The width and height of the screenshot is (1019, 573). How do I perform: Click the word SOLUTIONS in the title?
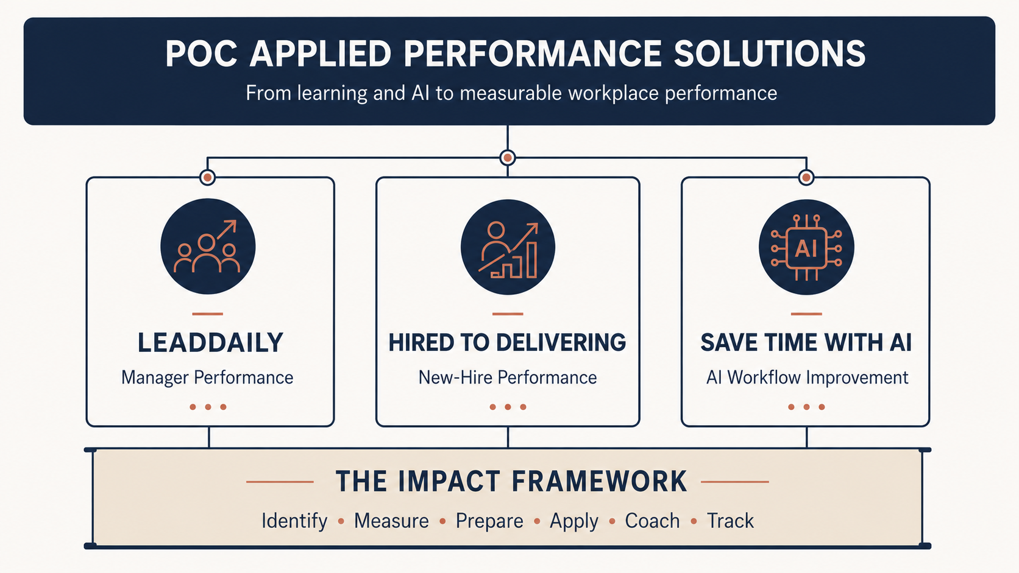[x=769, y=54]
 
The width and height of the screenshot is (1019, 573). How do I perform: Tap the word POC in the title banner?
[x=201, y=54]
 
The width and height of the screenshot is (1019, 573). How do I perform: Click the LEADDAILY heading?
[x=210, y=343]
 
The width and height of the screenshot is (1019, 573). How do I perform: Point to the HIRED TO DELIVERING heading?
[x=507, y=343]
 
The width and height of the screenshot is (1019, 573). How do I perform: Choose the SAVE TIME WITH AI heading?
[x=806, y=343]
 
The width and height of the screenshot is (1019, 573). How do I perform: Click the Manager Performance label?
[x=207, y=378]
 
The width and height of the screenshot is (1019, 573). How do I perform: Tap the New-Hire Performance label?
[x=508, y=378]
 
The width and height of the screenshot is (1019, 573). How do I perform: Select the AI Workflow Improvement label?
[x=807, y=378]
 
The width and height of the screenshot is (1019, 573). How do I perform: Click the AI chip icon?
[x=806, y=248]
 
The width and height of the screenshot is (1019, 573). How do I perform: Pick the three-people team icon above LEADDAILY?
[x=207, y=247]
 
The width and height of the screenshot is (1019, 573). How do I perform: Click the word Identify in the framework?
[x=294, y=521]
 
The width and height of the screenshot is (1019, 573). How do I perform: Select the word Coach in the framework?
[x=652, y=521]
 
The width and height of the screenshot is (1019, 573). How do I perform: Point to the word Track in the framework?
[x=730, y=521]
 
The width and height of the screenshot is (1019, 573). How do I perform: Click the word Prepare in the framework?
[x=489, y=521]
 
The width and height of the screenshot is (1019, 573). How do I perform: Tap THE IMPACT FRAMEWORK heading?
[x=511, y=481]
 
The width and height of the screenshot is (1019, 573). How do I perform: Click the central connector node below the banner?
[x=508, y=158]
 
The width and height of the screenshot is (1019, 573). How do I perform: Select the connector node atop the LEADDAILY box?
[x=207, y=177]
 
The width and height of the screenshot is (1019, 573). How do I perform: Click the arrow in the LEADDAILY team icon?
[x=227, y=230]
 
